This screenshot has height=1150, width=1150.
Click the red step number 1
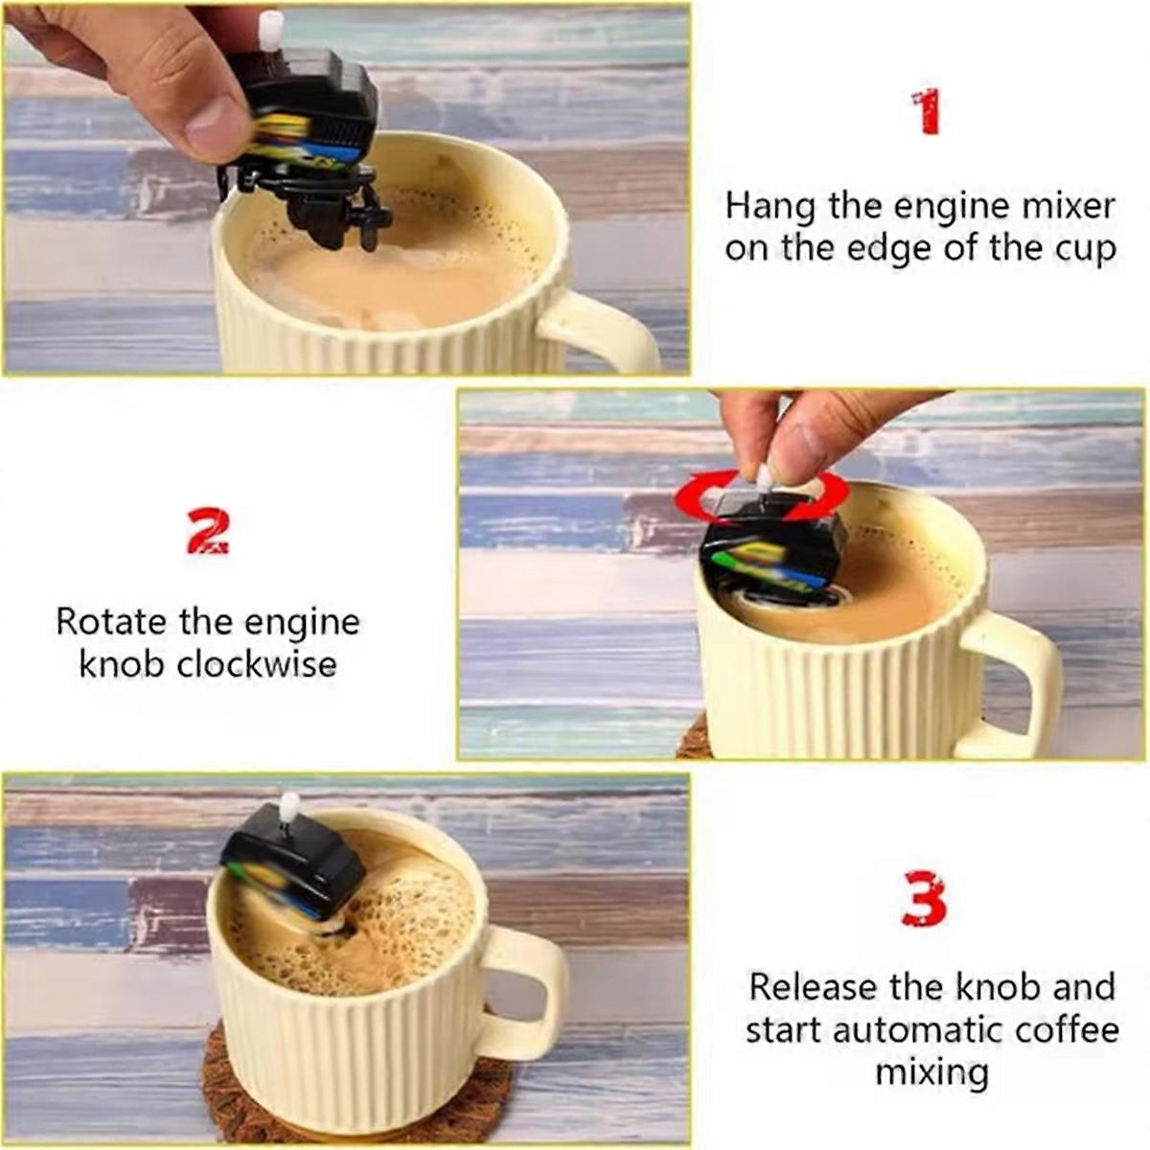[x=925, y=113]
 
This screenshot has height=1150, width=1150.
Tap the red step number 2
[x=208, y=534]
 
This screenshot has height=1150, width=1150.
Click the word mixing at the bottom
[x=931, y=1071]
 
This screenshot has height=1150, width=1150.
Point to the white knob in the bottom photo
[x=287, y=809]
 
